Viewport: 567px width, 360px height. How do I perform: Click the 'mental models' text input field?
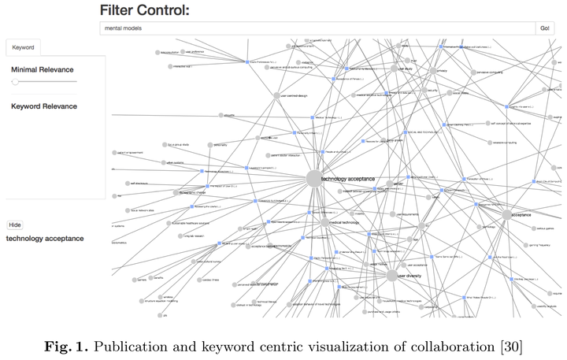click(315, 28)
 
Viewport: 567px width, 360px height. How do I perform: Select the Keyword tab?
click(23, 47)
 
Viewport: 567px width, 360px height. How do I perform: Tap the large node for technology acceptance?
click(313, 179)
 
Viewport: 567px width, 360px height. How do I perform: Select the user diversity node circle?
click(391, 276)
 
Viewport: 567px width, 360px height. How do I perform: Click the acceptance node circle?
click(506, 214)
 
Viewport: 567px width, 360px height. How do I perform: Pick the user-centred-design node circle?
click(275, 95)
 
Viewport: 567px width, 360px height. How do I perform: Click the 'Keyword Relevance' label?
click(44, 106)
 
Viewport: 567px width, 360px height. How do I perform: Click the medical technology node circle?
click(324, 223)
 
